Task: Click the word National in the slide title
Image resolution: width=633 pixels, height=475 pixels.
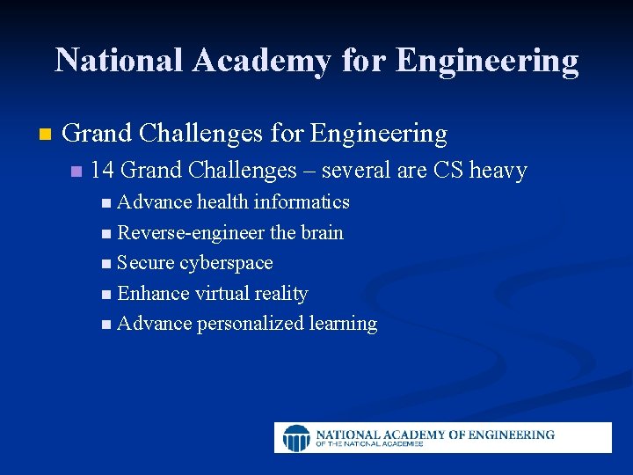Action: coord(119,60)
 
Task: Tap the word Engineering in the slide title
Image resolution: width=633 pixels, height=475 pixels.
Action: coord(487,60)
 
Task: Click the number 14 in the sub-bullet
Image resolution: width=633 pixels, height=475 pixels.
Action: coord(103,170)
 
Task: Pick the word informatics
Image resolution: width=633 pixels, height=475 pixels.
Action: coord(302,202)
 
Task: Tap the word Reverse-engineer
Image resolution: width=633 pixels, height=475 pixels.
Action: coord(191,233)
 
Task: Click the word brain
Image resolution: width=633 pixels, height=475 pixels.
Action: coord(322,233)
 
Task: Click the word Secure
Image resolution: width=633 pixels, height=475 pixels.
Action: coord(145,263)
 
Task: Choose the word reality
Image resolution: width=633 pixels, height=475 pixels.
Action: coord(280,294)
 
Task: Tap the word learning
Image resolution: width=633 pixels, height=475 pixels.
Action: coord(343,324)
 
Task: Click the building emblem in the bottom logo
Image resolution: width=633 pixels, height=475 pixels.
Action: coord(296,437)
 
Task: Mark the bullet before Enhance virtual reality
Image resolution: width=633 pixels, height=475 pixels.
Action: coord(106,294)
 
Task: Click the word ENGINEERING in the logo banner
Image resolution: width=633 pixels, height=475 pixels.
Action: coord(513,434)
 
